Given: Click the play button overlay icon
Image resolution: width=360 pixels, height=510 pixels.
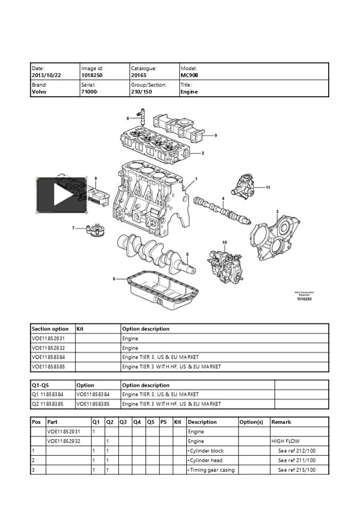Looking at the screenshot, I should (x=62, y=195).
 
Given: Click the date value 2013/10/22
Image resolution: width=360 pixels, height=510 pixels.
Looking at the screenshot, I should (x=46, y=75).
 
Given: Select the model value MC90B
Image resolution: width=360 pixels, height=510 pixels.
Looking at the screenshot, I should (x=189, y=75).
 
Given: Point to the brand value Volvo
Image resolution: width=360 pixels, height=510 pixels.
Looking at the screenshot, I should (x=39, y=91).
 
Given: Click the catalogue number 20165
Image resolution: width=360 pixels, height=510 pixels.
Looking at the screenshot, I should (x=138, y=75).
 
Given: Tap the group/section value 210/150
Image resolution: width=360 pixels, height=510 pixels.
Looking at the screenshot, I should (x=141, y=91).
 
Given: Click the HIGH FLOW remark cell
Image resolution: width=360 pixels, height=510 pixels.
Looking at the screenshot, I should (x=285, y=441).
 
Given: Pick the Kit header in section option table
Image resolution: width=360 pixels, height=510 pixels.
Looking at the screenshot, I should (x=80, y=329).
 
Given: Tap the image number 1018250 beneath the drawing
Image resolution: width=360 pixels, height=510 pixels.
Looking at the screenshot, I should (x=304, y=300).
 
